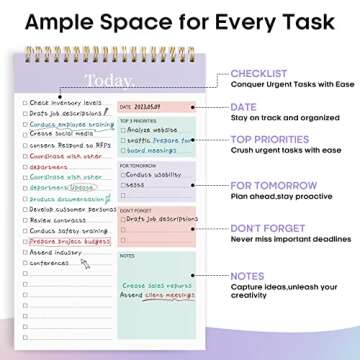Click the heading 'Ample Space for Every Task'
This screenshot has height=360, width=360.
click(x=179, y=22)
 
